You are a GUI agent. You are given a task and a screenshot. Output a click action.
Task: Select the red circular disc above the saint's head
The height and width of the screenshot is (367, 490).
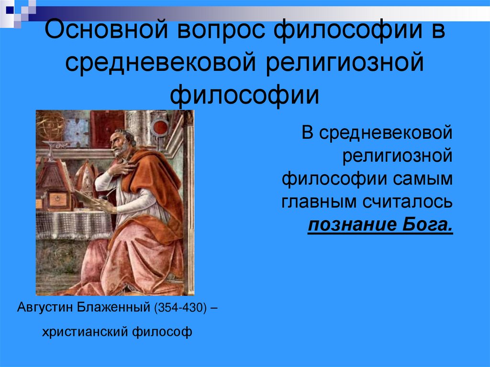161,127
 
